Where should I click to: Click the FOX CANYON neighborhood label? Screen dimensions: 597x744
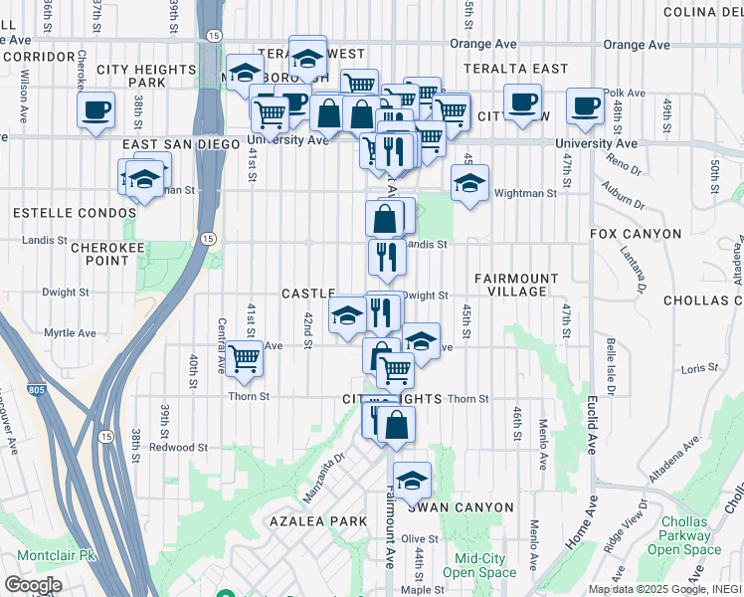click(636, 234)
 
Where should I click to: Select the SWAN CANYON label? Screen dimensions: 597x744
click(460, 507)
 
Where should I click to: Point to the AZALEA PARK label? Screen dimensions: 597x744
click(311, 521)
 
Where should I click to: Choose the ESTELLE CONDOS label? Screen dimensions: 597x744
click(74, 213)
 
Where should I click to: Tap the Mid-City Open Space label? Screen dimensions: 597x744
click(479, 565)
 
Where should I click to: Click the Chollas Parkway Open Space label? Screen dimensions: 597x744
click(683, 535)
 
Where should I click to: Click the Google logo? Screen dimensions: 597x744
click(32, 585)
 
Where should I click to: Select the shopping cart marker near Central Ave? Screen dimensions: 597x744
click(245, 359)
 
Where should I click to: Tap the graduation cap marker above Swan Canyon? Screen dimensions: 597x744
click(412, 482)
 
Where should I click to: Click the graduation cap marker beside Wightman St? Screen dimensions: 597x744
click(469, 183)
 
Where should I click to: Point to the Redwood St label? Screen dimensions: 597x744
click(178, 448)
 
